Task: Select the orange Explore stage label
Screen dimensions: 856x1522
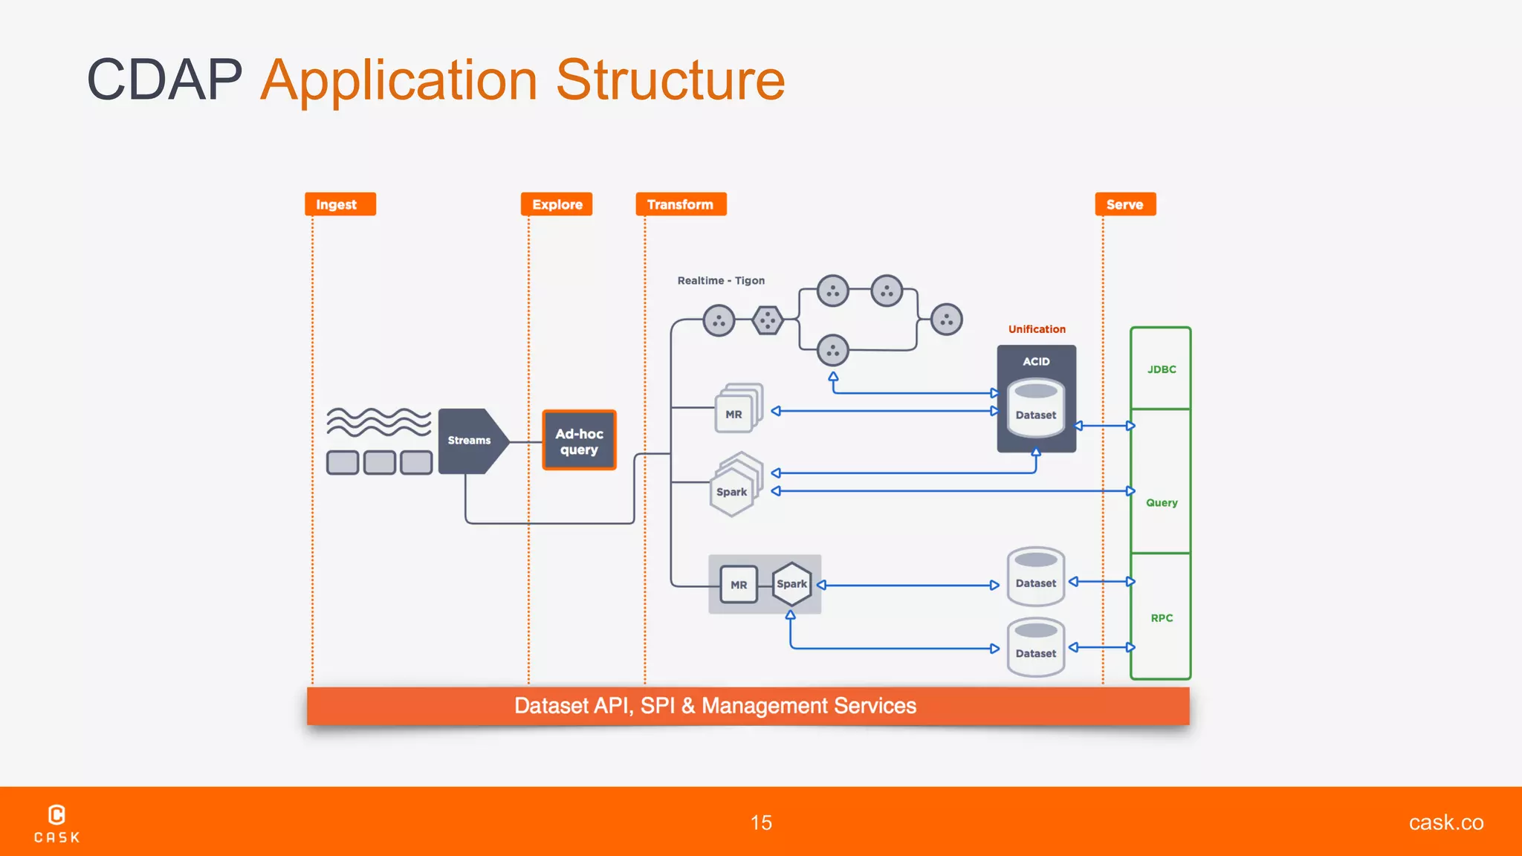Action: [x=557, y=204]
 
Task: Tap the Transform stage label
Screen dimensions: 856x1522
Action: [x=680, y=204]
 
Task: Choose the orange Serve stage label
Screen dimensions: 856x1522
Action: [x=1124, y=204]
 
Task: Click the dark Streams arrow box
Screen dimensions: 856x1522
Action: [x=470, y=441]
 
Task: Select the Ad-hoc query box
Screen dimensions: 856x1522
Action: [x=579, y=441]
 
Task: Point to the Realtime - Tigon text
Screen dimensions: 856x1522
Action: [x=720, y=281]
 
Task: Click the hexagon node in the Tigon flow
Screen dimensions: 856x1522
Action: [x=767, y=321]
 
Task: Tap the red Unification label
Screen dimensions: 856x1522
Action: [x=1036, y=329]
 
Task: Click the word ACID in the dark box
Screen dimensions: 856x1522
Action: [x=1036, y=362]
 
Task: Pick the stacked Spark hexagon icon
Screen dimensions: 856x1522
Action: [x=734, y=487]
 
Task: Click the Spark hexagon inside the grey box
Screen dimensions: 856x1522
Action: [x=791, y=584]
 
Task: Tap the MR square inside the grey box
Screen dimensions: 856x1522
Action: [x=739, y=585]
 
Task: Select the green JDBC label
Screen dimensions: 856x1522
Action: [x=1161, y=369]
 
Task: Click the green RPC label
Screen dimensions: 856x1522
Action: [x=1161, y=618]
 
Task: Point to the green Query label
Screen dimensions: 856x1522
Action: [x=1161, y=503]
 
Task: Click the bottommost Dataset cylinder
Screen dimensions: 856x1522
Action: [x=1036, y=648]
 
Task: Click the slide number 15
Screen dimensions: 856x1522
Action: [x=761, y=823]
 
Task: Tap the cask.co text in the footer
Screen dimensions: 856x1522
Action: [x=1445, y=823]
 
